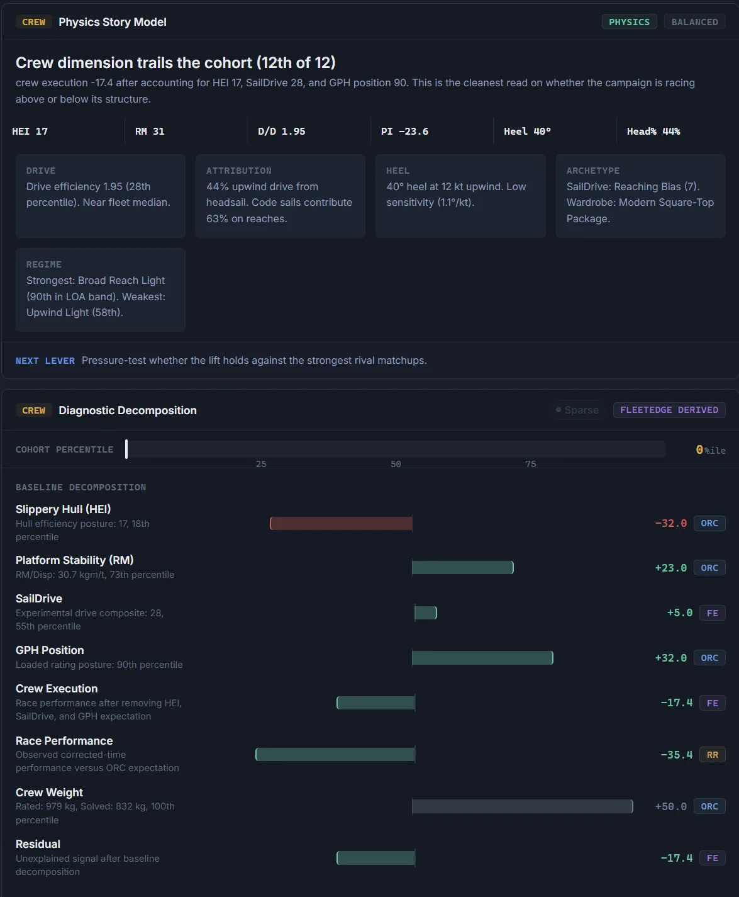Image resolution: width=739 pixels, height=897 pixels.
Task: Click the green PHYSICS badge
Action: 629,22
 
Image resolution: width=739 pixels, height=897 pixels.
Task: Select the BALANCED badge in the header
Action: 695,22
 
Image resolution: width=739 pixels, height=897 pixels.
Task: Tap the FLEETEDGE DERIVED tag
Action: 669,410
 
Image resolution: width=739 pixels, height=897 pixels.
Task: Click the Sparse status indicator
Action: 577,410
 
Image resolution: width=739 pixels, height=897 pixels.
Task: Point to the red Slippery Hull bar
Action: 341,523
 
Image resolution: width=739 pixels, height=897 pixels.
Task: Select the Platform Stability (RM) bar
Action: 463,568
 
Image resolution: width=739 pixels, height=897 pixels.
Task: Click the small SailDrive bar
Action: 426,612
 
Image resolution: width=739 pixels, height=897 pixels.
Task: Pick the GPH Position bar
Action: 482,658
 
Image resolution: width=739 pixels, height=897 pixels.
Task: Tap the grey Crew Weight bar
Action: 522,806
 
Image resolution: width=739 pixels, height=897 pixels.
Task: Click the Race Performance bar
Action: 335,754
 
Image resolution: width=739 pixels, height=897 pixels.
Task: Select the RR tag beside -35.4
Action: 713,755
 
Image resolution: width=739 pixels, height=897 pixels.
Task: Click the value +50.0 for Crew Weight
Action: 671,806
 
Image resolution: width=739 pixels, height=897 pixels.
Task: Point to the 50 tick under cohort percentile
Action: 396,464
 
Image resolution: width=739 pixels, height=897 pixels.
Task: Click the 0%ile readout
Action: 710,450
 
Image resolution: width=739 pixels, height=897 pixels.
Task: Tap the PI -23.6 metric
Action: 404,132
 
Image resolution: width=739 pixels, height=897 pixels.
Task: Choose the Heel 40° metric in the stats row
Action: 527,132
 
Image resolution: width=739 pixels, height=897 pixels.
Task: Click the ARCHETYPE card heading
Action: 592,171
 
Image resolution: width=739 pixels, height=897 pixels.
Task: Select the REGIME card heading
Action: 44,264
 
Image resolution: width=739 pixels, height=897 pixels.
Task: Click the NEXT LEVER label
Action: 45,361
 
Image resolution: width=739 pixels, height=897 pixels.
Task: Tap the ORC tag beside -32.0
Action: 709,523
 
